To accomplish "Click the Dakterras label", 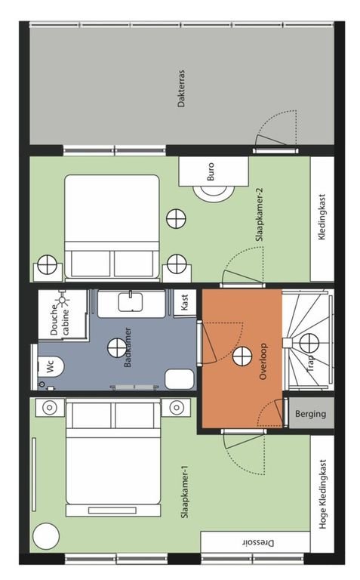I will [x=181, y=88].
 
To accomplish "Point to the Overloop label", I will [x=263, y=362].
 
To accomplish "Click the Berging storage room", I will [x=311, y=414].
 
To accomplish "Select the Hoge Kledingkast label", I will [x=322, y=494].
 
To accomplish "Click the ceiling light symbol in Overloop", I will [x=241, y=357].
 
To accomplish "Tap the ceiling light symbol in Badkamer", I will [x=117, y=348].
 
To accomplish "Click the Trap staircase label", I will [x=310, y=363].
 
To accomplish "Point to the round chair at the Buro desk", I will [x=215, y=194].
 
